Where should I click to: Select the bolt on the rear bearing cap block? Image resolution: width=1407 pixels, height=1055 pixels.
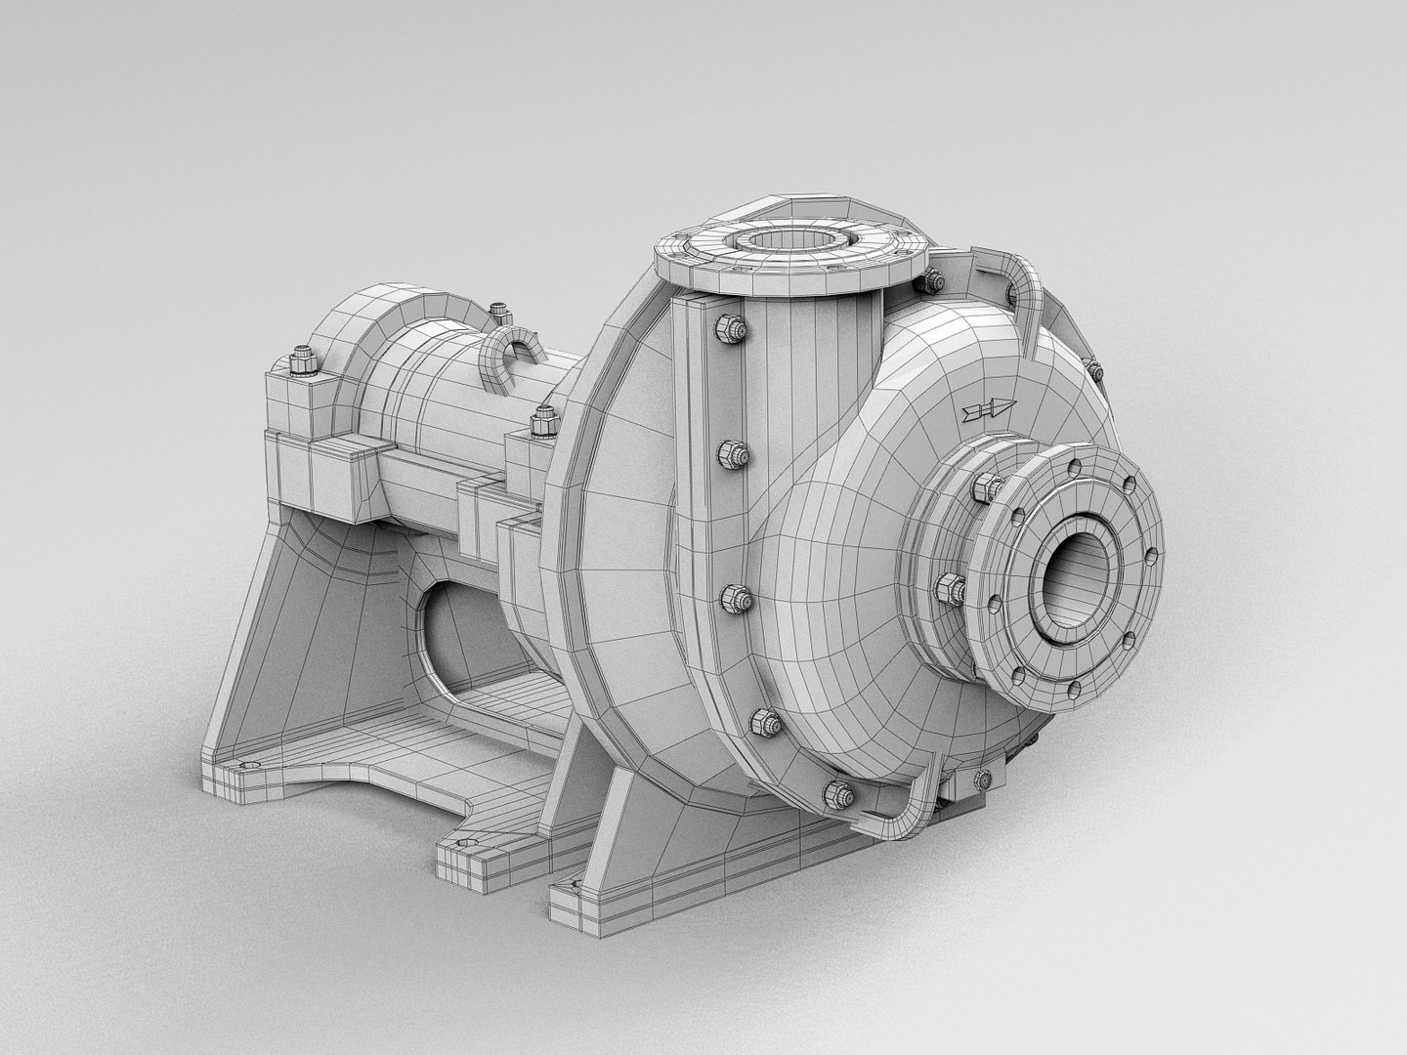[x=301, y=362]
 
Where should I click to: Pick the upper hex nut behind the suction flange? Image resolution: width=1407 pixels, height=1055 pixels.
[x=987, y=487]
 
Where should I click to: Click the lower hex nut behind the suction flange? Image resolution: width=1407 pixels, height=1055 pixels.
[x=950, y=590]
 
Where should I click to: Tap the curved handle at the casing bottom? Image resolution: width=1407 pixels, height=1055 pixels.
[x=914, y=791]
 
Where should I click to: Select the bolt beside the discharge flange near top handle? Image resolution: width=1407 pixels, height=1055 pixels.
[x=931, y=283]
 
